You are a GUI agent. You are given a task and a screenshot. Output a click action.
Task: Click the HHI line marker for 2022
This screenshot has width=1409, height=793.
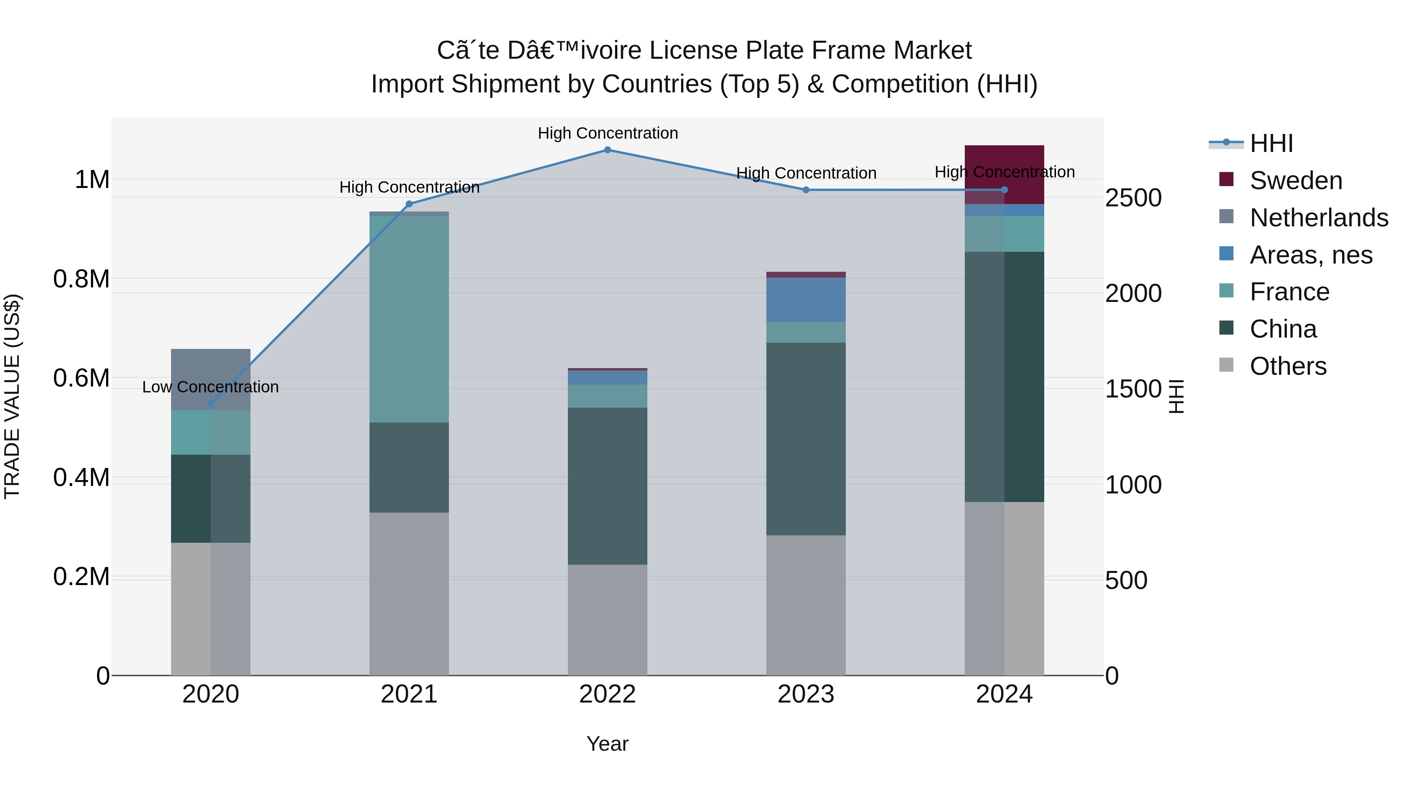(x=607, y=150)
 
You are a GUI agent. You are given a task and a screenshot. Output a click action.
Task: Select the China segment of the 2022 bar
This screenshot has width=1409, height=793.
(x=607, y=486)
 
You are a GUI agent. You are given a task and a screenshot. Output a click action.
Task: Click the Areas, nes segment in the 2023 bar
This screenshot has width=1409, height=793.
(x=806, y=300)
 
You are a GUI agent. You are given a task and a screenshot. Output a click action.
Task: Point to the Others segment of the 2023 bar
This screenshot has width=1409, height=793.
(x=806, y=605)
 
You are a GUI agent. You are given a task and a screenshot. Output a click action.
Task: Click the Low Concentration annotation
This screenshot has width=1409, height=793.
(x=211, y=387)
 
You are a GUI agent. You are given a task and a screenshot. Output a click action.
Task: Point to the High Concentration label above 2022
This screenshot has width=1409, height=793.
(x=607, y=133)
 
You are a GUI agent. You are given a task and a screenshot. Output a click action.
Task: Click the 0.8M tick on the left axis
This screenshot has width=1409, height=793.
(x=81, y=279)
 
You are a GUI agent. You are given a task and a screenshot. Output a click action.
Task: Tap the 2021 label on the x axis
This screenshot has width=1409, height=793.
(x=409, y=694)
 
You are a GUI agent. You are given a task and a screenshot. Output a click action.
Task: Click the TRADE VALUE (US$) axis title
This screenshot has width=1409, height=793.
(x=12, y=397)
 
